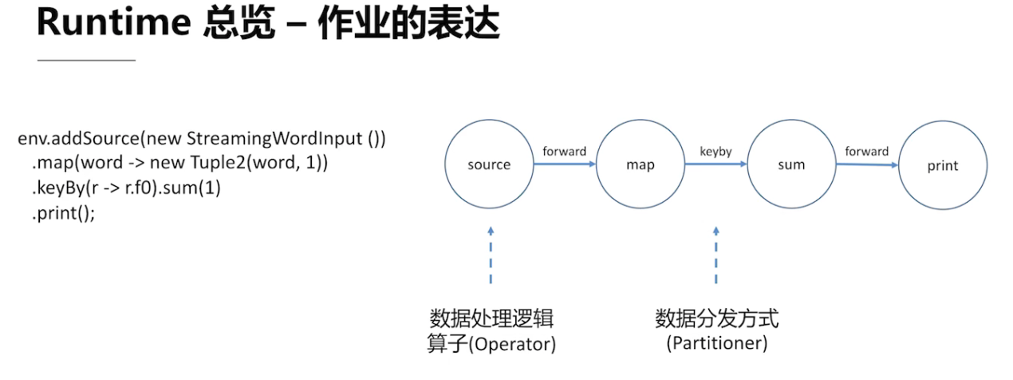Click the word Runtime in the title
pyautogui.click(x=114, y=22)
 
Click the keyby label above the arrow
pyautogui.click(x=715, y=151)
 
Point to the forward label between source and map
pyautogui.click(x=565, y=151)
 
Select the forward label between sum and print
pyautogui.click(x=866, y=151)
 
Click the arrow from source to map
pyautogui.click(x=565, y=164)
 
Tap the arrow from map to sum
pyautogui.click(x=716, y=164)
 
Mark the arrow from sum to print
pyautogui.click(x=867, y=164)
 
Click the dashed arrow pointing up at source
pyautogui.click(x=491, y=255)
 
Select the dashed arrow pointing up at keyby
pyautogui.click(x=716, y=255)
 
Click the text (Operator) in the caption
pyautogui.click(x=512, y=344)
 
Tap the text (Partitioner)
pyautogui.click(x=717, y=343)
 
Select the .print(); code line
pyautogui.click(x=64, y=213)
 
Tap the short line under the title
pyautogui.click(x=86, y=60)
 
